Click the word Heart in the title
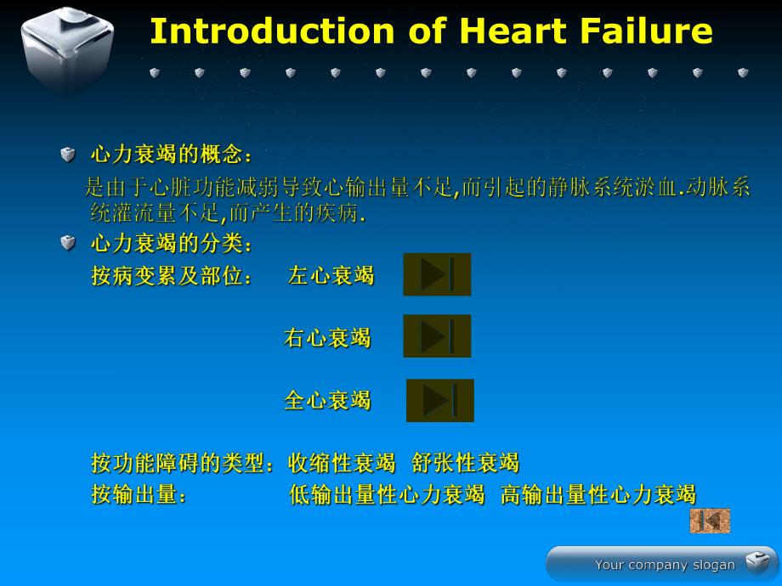point(510,31)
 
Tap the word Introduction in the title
point(271,31)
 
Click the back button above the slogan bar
point(710,521)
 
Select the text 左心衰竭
point(331,276)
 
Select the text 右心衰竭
point(327,338)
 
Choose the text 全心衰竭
point(327,401)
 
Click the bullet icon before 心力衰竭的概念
point(68,155)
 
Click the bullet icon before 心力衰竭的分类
point(68,244)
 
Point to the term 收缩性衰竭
point(342,464)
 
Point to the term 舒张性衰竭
point(465,464)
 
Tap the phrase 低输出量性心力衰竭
point(387,494)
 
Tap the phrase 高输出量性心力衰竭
point(598,494)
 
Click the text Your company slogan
point(665,565)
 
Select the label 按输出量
point(138,494)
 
